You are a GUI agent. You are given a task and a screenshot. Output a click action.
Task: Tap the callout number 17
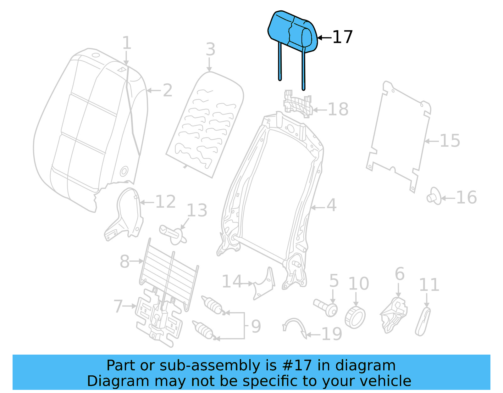(x=342, y=37)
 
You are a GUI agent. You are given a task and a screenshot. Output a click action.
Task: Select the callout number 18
(x=338, y=109)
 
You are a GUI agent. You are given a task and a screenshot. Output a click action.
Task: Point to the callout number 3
(x=210, y=49)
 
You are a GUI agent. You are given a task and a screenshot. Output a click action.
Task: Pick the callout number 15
(x=450, y=141)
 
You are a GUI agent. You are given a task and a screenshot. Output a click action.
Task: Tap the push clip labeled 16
(x=434, y=196)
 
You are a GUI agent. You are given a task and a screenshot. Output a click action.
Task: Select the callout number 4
(x=331, y=205)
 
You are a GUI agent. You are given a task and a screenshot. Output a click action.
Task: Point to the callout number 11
(x=429, y=285)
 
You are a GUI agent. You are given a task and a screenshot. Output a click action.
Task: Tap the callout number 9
(x=256, y=326)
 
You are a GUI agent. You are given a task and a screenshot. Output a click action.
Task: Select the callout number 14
(x=232, y=281)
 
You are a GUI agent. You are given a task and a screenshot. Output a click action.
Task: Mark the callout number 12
(x=165, y=202)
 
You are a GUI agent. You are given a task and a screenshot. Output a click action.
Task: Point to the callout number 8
(x=124, y=261)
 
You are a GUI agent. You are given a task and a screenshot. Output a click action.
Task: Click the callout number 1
(x=126, y=43)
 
